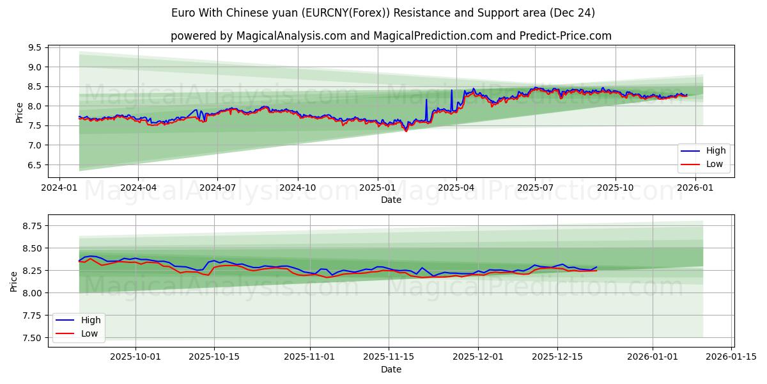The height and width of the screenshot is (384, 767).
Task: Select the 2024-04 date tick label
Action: [138, 188]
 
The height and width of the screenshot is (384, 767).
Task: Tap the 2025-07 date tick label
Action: [535, 188]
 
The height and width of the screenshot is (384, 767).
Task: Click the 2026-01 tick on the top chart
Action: [694, 188]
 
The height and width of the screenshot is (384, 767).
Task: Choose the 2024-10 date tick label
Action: [297, 188]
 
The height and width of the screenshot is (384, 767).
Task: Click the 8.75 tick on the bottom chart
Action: [31, 226]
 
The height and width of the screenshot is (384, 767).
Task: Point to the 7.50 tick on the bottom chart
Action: [31, 338]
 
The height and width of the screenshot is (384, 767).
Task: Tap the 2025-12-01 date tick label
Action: [478, 357]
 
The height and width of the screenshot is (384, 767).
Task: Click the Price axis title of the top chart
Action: [19, 112]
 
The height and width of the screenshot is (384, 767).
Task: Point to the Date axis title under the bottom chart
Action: [391, 369]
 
